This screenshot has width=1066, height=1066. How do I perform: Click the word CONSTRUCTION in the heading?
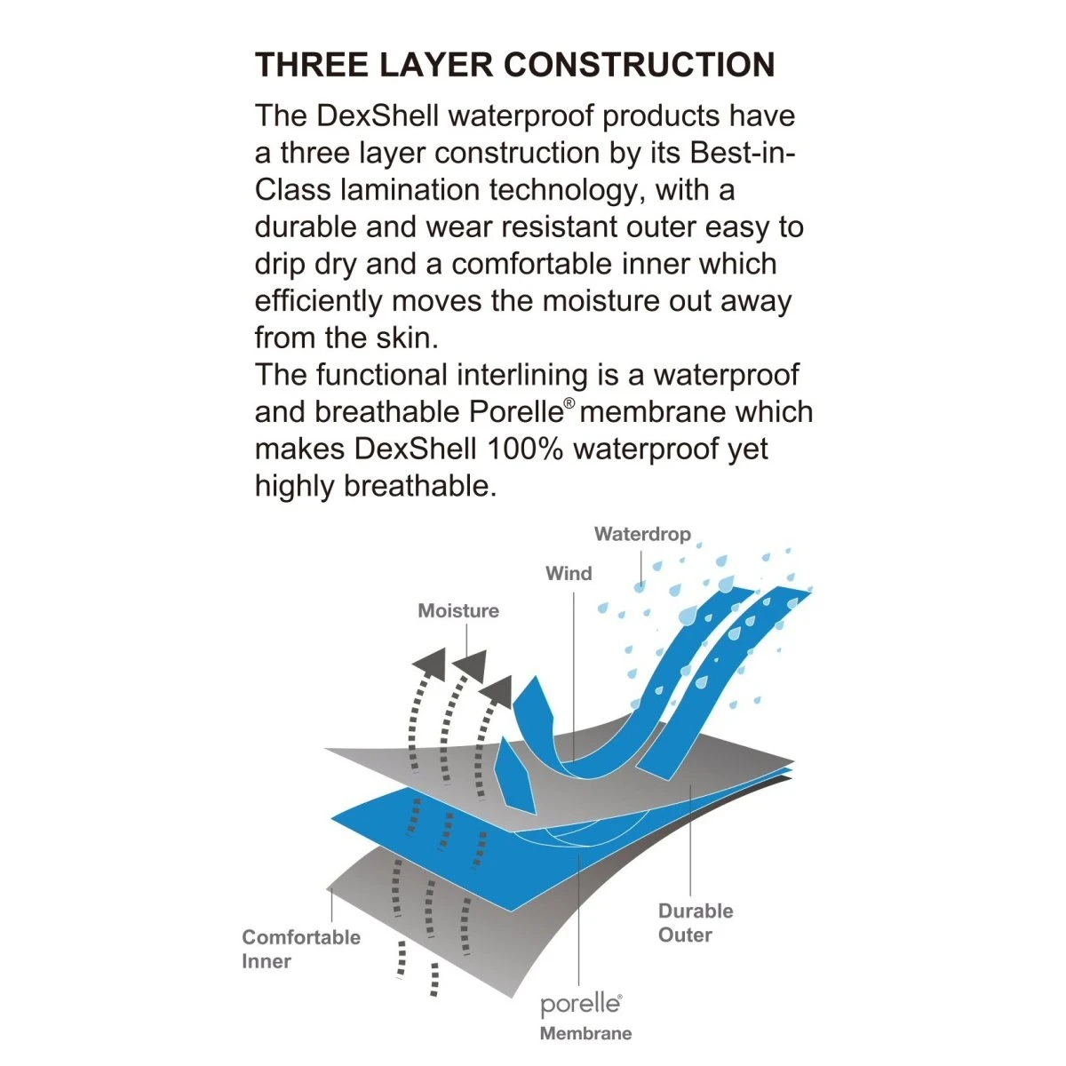[x=639, y=65]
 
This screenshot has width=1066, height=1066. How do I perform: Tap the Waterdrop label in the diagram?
[x=642, y=534]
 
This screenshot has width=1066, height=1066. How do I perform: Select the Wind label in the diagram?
[x=569, y=573]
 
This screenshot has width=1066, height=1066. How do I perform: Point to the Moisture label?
[x=458, y=610]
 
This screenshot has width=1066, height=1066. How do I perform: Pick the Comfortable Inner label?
[x=301, y=950]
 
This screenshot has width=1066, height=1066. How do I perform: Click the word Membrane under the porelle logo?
[x=585, y=1033]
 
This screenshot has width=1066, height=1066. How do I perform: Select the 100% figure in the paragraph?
[x=524, y=449]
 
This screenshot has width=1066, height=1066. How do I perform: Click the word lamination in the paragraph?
[x=410, y=190]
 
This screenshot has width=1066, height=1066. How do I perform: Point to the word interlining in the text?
[x=521, y=375]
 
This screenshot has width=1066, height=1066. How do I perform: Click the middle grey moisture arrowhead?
[x=470, y=666]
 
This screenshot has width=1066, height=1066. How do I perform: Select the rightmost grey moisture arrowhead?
[x=497, y=691]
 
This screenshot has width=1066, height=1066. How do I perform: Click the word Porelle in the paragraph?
[x=515, y=411]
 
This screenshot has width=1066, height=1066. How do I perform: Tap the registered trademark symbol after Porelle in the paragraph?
[x=569, y=403]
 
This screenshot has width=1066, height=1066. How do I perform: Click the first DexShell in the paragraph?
[x=378, y=115]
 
